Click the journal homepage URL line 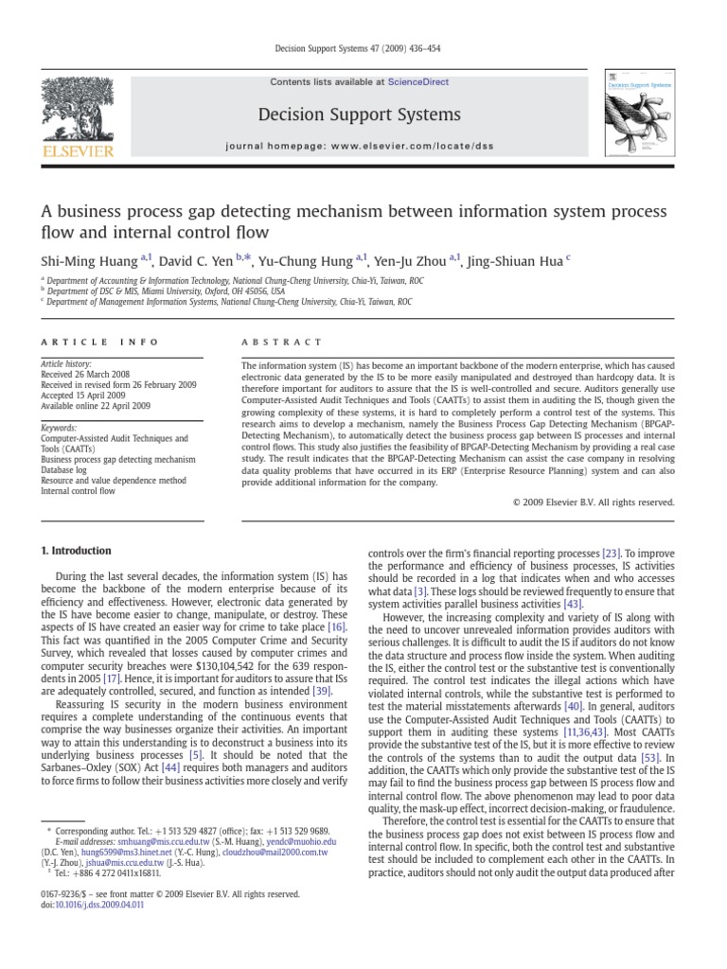(x=360, y=148)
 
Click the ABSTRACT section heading (x=282, y=342)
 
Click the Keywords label (x=60, y=428)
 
